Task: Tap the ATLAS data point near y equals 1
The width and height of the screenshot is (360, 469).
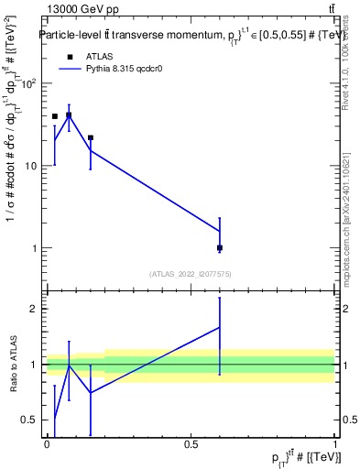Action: click(x=220, y=247)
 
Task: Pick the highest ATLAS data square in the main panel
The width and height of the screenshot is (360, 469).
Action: click(x=69, y=115)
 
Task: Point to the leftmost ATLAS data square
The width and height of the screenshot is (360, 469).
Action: click(x=55, y=116)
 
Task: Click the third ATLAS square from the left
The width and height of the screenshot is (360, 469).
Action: click(x=91, y=137)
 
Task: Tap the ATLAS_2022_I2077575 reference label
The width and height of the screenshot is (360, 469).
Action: click(x=191, y=273)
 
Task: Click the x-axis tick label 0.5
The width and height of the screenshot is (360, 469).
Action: click(x=191, y=444)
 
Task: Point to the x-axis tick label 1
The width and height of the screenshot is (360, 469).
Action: click(x=335, y=444)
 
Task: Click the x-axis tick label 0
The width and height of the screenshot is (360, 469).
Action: click(x=47, y=444)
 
